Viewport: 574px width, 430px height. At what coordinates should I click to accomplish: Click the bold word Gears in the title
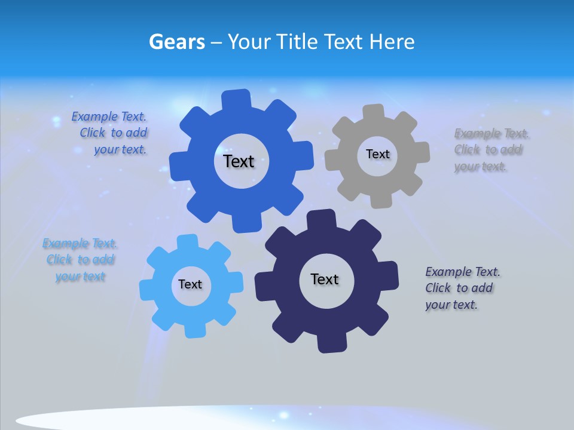(x=176, y=42)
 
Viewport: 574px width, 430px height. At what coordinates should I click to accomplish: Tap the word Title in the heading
(x=297, y=42)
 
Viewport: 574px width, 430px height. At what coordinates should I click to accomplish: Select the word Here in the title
(x=392, y=42)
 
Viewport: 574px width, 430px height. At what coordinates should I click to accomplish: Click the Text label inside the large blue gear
(x=239, y=161)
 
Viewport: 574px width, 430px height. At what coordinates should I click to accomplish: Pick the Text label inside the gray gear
(x=377, y=154)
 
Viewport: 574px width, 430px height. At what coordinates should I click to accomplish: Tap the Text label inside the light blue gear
(x=190, y=284)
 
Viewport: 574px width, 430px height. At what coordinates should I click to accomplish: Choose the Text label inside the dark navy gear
(x=325, y=279)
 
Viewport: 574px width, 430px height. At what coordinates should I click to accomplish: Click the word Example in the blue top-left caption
(x=94, y=117)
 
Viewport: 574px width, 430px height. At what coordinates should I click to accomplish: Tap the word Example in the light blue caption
(x=65, y=244)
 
